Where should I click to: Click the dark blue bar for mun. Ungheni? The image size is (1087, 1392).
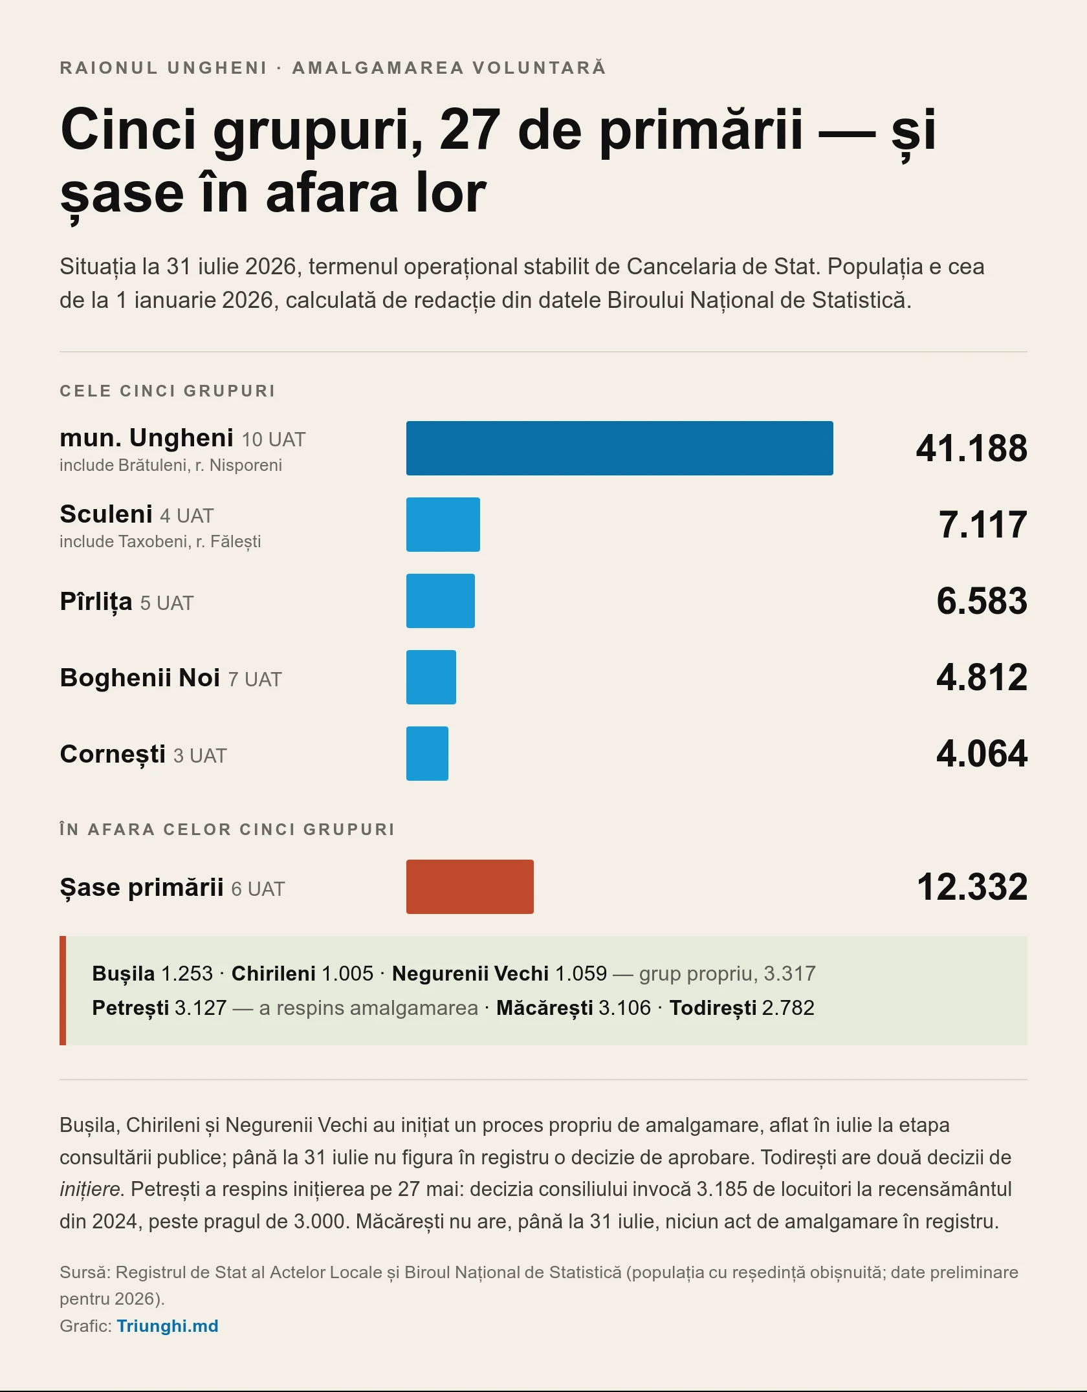click(620, 448)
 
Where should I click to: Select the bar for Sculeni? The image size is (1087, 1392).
click(443, 525)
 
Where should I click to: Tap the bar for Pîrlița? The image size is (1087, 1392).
click(441, 601)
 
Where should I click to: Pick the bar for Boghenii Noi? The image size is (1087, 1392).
click(431, 677)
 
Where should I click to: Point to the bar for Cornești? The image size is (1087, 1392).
click(427, 754)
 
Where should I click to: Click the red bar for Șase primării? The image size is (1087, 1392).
click(470, 887)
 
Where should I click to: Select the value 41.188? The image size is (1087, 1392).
click(971, 448)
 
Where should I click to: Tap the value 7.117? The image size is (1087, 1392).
click(983, 525)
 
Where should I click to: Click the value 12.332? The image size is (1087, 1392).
click(972, 887)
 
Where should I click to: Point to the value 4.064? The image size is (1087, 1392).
click(982, 754)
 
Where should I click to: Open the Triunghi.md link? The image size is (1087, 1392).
click(168, 1326)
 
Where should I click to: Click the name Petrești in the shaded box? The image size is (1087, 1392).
click(131, 1008)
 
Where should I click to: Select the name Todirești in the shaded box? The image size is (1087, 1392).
click(712, 1008)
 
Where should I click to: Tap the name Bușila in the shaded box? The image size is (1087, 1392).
click(124, 973)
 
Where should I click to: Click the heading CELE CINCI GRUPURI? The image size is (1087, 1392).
click(168, 391)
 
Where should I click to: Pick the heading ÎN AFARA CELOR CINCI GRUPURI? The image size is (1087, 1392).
click(227, 829)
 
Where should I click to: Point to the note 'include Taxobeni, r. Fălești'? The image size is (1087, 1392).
click(160, 541)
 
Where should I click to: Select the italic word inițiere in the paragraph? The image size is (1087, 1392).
click(90, 1189)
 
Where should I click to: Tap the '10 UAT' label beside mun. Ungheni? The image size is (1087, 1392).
click(273, 440)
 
